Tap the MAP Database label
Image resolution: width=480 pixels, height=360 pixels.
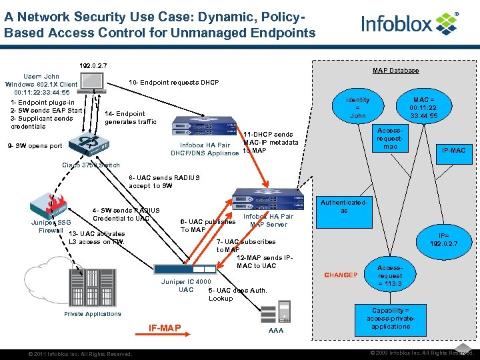(x=395, y=71)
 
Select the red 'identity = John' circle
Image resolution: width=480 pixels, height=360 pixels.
(x=358, y=108)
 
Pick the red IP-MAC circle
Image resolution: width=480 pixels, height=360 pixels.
(x=453, y=151)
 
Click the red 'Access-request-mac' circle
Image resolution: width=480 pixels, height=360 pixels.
(x=389, y=139)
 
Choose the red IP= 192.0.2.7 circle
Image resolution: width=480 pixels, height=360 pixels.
(x=447, y=239)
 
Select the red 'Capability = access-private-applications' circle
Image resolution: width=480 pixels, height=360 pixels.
(x=391, y=319)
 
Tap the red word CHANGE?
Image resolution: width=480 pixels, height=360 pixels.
(x=340, y=275)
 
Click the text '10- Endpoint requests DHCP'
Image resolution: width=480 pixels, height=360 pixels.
(x=173, y=82)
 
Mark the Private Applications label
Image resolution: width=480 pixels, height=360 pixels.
(x=93, y=314)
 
